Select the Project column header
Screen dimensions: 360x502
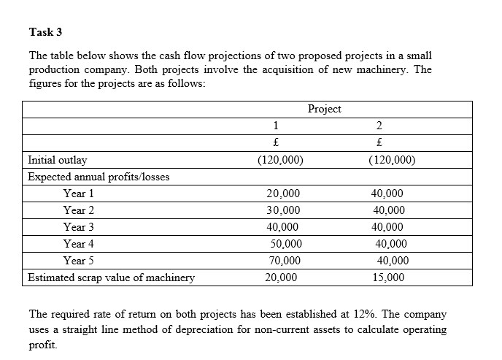[x=324, y=108]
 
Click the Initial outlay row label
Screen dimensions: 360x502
[x=57, y=159]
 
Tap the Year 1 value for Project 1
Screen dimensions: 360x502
[x=282, y=194]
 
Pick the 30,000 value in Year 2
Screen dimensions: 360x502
[x=282, y=210]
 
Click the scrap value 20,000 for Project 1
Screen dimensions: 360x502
[x=281, y=277]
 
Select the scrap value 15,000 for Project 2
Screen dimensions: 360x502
[x=388, y=277]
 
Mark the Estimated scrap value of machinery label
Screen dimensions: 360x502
[x=111, y=277]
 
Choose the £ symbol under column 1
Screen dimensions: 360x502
[x=281, y=142]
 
